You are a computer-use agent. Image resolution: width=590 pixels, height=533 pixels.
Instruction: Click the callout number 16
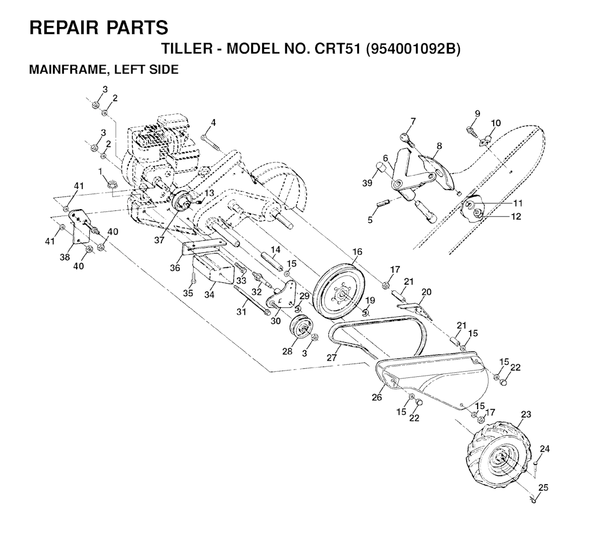click(357, 252)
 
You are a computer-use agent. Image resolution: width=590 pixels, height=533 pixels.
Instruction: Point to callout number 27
click(331, 357)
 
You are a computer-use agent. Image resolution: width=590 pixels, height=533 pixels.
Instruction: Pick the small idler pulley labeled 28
click(301, 331)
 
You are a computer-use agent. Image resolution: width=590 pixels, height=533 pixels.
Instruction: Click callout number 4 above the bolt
click(213, 123)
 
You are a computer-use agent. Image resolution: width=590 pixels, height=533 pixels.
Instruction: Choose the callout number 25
click(543, 487)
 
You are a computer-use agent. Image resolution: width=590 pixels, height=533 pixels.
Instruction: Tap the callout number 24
click(544, 448)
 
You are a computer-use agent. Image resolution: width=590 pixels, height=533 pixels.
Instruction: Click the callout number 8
click(439, 146)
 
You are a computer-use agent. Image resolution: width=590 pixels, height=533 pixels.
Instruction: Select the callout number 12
click(516, 217)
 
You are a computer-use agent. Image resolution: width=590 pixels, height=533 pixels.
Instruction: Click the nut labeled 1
click(114, 184)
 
